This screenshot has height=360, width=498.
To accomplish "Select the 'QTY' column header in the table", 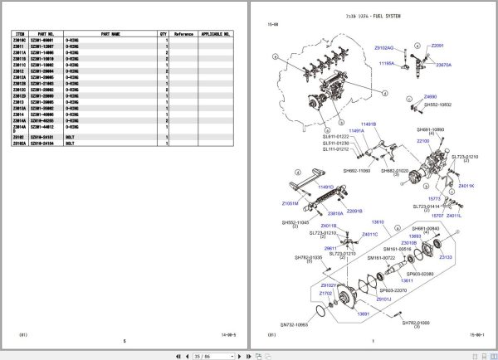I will (x=163, y=35).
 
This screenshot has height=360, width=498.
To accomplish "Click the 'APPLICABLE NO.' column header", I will (x=216, y=35).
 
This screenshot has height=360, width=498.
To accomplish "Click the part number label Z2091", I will (x=437, y=46).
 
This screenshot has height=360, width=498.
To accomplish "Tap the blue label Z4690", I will (x=432, y=97).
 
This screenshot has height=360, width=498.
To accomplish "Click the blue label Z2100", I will (x=423, y=141).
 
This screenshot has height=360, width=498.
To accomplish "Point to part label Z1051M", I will (x=290, y=202).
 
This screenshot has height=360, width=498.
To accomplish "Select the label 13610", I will (x=378, y=222).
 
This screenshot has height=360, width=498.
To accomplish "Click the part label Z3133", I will (x=446, y=258).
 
